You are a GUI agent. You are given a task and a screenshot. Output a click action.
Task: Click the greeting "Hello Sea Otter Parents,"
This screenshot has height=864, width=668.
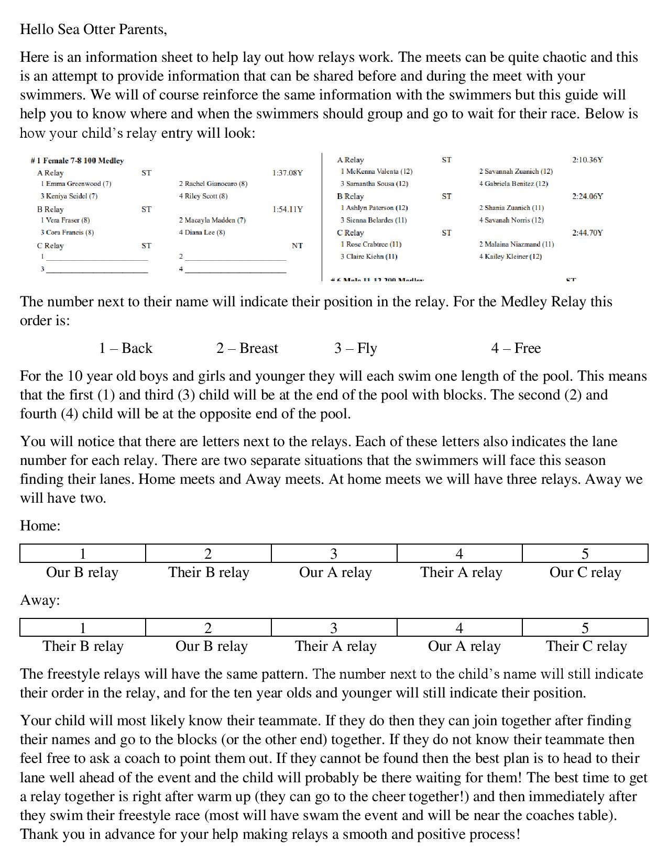coord(93,30)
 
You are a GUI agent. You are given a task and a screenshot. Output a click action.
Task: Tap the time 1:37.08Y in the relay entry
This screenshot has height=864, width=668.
coord(287,173)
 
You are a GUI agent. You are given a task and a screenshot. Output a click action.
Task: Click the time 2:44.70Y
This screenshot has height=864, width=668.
coord(587,233)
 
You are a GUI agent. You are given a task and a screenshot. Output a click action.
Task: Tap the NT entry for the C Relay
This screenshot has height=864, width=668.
coord(297,246)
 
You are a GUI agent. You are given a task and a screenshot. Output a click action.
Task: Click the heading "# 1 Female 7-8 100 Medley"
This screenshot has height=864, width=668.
coord(77,161)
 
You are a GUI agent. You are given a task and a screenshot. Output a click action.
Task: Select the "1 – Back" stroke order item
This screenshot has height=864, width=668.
coord(126,348)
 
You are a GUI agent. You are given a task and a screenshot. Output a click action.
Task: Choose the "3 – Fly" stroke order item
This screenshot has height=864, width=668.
coord(356,348)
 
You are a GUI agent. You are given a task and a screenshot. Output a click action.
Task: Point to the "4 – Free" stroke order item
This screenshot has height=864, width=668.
coord(516,348)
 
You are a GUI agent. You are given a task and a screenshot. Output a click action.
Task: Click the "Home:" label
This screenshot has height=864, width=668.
coord(40,526)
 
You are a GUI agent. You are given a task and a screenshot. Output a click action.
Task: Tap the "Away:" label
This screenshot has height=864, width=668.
coord(40,600)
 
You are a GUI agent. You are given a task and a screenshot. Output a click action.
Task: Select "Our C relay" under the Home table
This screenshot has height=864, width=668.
coord(585,572)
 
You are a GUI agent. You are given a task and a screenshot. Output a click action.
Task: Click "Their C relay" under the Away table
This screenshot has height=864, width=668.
coord(586,646)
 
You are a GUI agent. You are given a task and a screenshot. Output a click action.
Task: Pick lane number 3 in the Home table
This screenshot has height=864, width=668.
coord(334,553)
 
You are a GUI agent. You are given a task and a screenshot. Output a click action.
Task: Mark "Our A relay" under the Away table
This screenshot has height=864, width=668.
coord(464,646)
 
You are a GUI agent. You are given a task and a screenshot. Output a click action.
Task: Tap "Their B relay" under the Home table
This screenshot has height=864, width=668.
coord(209,572)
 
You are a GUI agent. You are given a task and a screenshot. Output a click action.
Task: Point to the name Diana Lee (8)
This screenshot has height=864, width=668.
coord(204,232)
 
